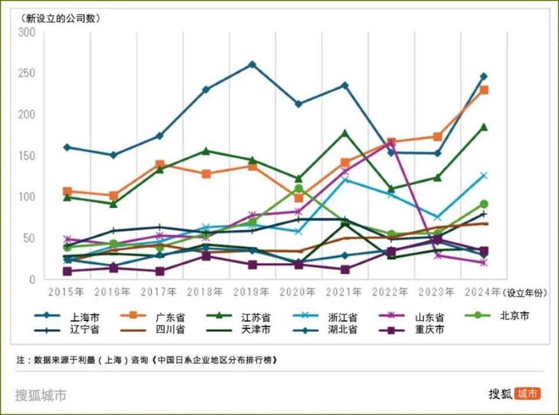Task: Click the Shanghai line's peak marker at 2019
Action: click(252, 64)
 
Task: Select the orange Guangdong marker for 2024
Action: click(484, 90)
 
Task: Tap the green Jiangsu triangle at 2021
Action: click(345, 133)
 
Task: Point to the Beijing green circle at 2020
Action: click(299, 189)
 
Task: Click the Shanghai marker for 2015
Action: click(67, 147)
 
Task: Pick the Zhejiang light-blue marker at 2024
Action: click(484, 175)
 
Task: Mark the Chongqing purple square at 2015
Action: click(67, 271)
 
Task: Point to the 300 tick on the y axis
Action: click(27, 33)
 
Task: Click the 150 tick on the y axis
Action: click(27, 156)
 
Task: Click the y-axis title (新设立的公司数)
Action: click(61, 17)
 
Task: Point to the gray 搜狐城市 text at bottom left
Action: click(41, 395)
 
